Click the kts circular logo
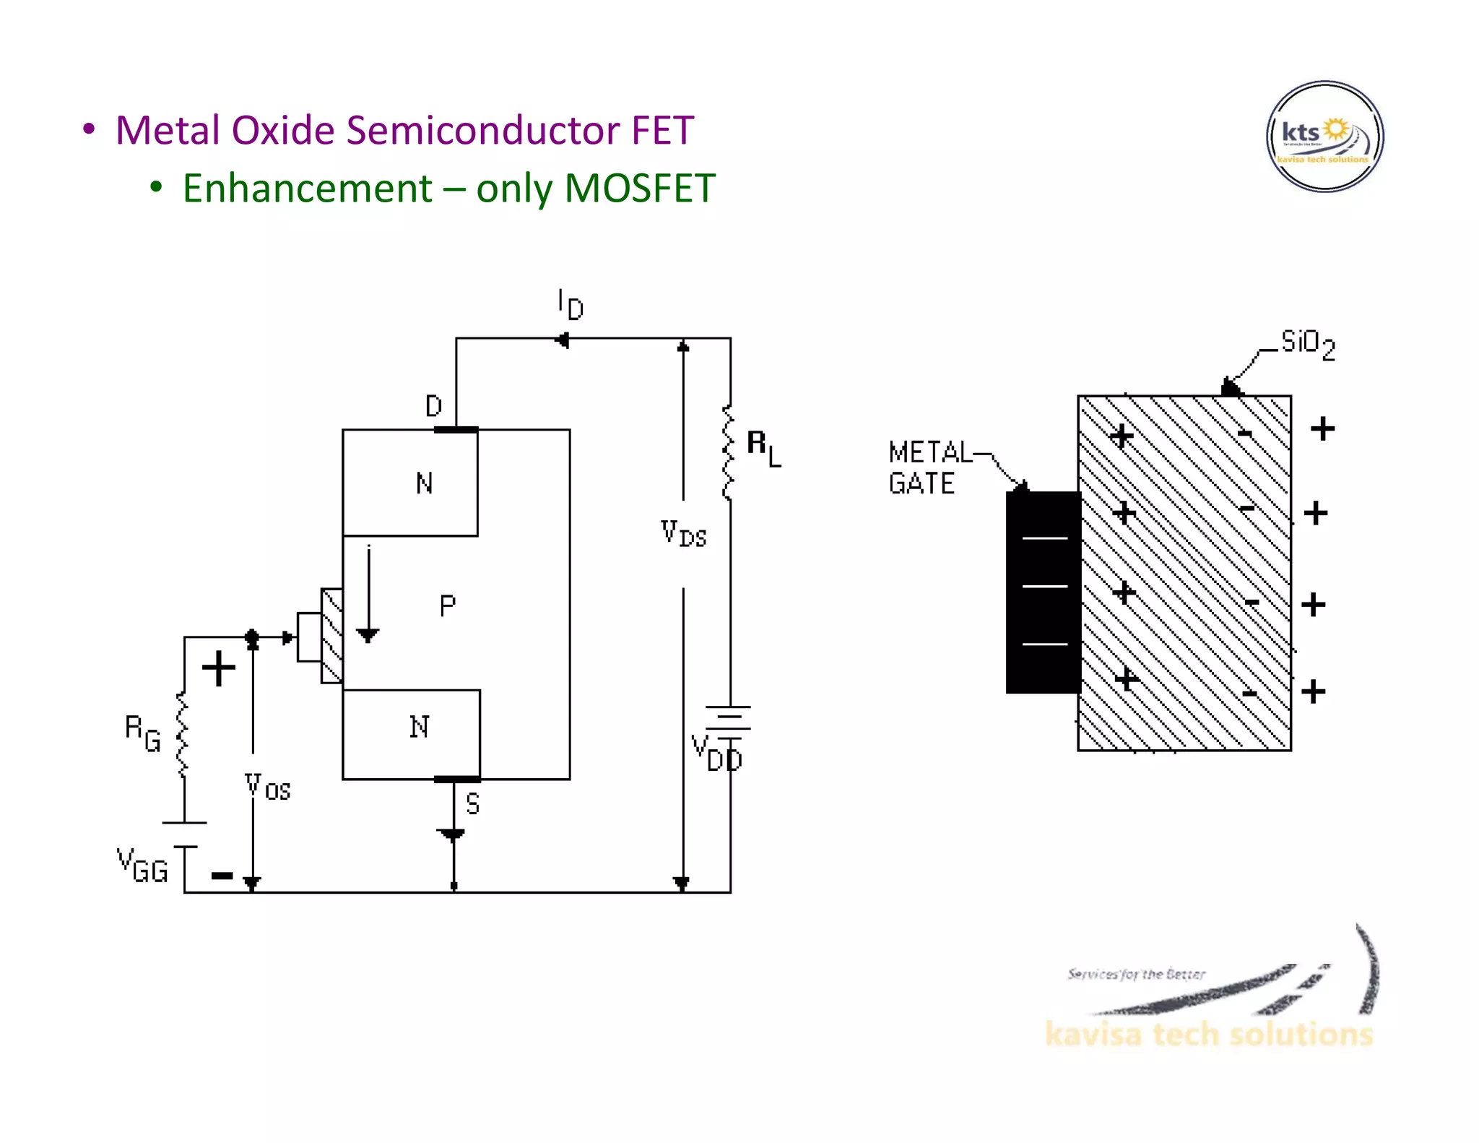(1324, 137)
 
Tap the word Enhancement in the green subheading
(307, 189)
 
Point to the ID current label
(570, 304)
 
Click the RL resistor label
(763, 448)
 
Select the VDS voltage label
(683, 534)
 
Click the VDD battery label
(716, 753)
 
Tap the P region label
(447, 605)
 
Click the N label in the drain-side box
(425, 483)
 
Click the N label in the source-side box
(420, 727)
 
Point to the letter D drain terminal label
(433, 406)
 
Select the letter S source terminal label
(472, 804)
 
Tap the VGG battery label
(142, 866)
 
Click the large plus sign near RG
(218, 668)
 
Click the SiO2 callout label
(1307, 344)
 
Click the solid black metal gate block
(1043, 592)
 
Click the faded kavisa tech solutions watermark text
(1208, 1034)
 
